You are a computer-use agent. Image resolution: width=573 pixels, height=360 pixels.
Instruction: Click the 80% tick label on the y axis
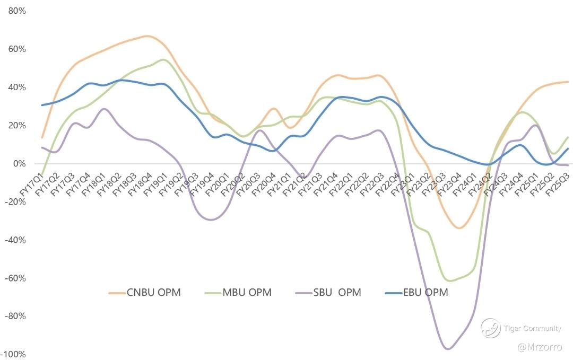pyautogui.click(x=15, y=11)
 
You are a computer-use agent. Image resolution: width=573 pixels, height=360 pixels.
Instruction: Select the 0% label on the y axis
pyautogui.click(x=19, y=163)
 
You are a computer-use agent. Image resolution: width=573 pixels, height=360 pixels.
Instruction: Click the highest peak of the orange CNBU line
pyautogui.click(x=147, y=36)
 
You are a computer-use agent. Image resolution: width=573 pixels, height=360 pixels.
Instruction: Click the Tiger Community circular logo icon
pyautogui.click(x=491, y=328)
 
